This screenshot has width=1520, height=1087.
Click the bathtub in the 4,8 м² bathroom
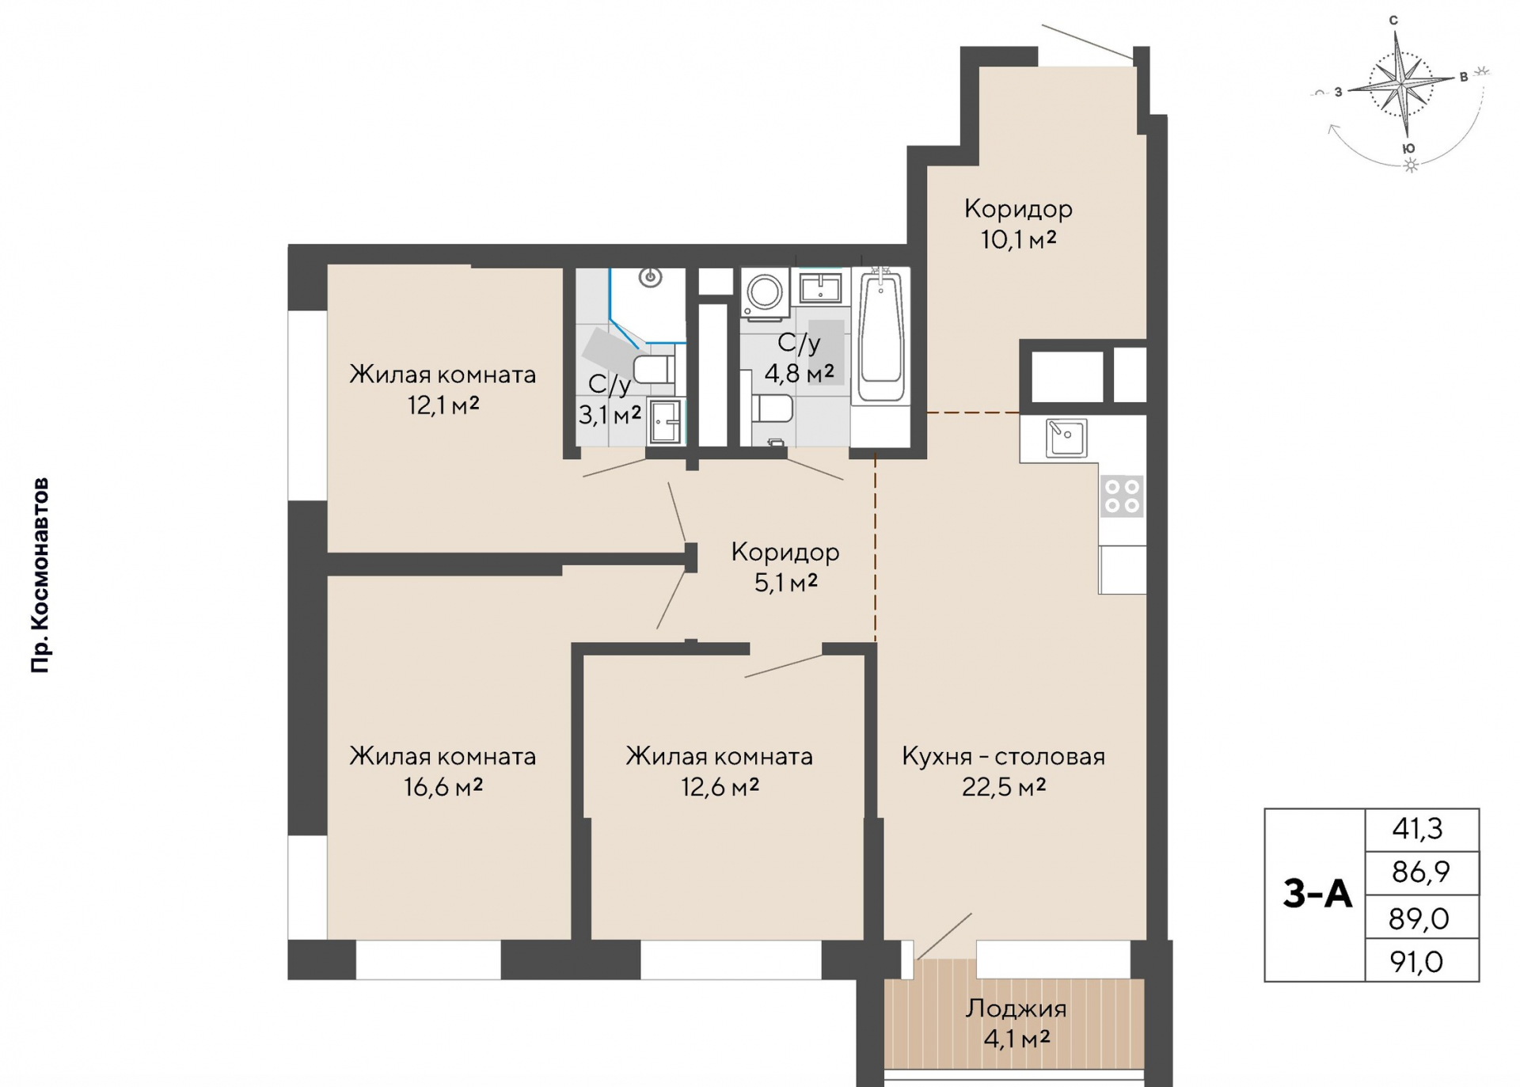click(x=880, y=337)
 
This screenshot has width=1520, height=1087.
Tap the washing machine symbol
click(x=765, y=293)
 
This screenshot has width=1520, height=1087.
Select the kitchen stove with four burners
click(x=1122, y=496)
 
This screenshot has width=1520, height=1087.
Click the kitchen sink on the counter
click(x=1066, y=438)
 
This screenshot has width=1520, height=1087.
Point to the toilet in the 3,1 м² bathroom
click(x=654, y=369)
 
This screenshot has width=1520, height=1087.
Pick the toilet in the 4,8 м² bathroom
click(x=772, y=409)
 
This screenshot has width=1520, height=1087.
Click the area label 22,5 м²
click(x=1004, y=787)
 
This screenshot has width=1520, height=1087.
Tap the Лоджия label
click(x=1016, y=1009)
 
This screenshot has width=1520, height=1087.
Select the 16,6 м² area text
click(x=443, y=787)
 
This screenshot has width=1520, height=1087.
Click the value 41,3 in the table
click(x=1417, y=829)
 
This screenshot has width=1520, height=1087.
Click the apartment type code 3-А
click(x=1317, y=894)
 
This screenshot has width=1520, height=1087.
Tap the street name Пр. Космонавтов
click(x=40, y=576)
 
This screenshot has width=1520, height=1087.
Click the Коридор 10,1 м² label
click(x=1018, y=223)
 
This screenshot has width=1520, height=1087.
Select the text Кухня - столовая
click(x=1003, y=757)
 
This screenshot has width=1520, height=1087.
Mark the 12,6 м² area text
click(x=720, y=787)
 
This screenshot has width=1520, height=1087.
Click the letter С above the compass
click(x=1393, y=21)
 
